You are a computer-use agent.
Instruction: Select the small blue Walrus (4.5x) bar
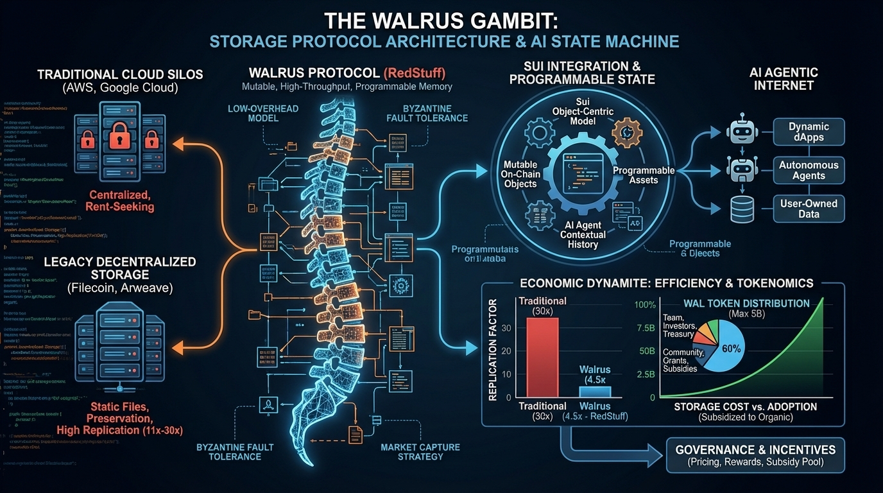[x=595, y=391]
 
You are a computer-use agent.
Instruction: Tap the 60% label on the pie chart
[x=732, y=349]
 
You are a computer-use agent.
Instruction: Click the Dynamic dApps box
[x=809, y=132]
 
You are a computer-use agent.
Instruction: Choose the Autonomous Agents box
[x=809, y=170]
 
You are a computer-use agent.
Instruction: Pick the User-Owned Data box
[x=809, y=209]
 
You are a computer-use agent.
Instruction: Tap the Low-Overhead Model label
[x=262, y=114]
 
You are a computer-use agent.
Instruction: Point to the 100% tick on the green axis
[x=646, y=304]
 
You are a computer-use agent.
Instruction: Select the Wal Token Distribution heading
[x=737, y=303]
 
